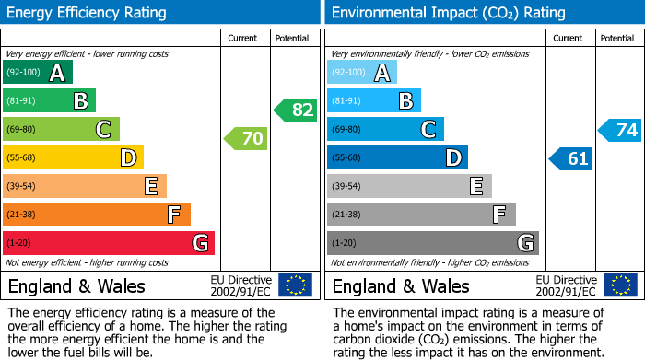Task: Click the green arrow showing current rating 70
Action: (246, 139)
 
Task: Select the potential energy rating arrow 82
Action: (296, 110)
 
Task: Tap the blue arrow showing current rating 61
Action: (570, 158)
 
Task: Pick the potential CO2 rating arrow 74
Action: (620, 130)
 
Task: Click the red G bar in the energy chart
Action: (109, 243)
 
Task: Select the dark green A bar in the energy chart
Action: (38, 73)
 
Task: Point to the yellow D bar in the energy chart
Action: (73, 158)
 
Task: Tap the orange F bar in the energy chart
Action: (97, 215)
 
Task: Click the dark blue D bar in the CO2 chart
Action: (397, 158)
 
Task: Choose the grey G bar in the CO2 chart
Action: (432, 243)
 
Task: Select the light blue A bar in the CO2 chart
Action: (362, 73)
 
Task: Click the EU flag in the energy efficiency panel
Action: (295, 285)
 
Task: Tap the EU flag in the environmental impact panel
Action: (619, 285)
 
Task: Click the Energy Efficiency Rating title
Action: (88, 13)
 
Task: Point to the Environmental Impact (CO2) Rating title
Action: (448, 13)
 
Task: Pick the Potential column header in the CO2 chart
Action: (617, 38)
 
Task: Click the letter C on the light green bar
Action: (103, 130)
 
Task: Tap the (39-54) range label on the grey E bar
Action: (347, 187)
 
